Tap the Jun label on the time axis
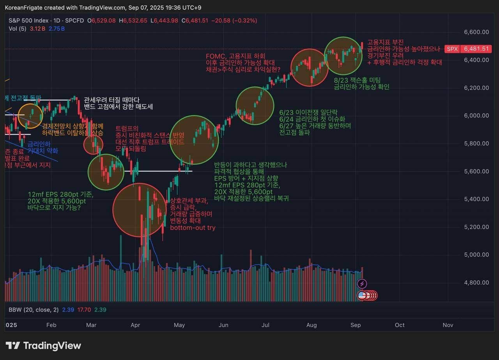(x=223, y=325)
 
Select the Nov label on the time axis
(x=448, y=325)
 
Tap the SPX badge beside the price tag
(x=452, y=49)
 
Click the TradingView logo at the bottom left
(x=43, y=346)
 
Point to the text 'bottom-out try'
(x=193, y=228)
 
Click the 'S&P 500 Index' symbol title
(x=28, y=21)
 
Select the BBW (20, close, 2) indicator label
(x=34, y=310)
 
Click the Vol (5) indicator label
(x=18, y=28)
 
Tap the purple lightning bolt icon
(x=362, y=284)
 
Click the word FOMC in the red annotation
(x=215, y=56)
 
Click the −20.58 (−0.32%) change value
(x=234, y=21)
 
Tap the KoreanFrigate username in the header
(x=23, y=8)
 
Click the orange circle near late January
(x=30, y=116)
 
